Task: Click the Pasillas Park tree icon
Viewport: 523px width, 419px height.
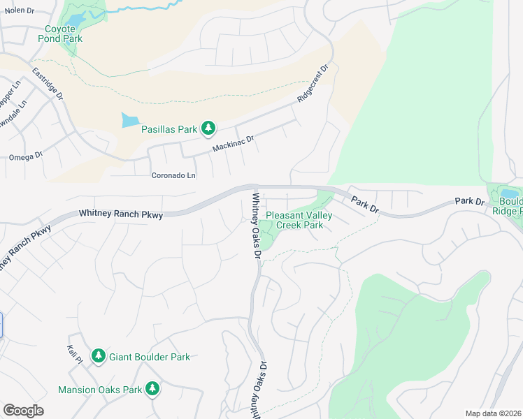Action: (208, 128)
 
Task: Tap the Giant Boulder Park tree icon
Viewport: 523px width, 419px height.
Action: (99, 356)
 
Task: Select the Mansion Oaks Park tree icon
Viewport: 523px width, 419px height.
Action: (152, 389)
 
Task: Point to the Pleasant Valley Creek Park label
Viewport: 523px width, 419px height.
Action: (299, 220)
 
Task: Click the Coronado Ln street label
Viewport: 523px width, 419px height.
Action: (173, 175)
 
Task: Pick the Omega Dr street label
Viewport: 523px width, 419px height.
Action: (26, 157)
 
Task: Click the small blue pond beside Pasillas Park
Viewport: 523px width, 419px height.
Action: (130, 120)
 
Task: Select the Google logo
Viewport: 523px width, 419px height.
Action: (23, 411)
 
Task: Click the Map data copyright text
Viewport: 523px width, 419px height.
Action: (494, 413)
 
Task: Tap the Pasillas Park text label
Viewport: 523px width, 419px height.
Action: (169, 128)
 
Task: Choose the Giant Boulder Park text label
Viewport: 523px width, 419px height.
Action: (149, 357)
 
